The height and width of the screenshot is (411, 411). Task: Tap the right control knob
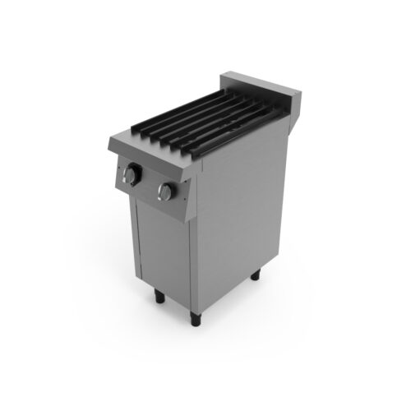167,192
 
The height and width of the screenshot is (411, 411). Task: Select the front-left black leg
155,298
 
